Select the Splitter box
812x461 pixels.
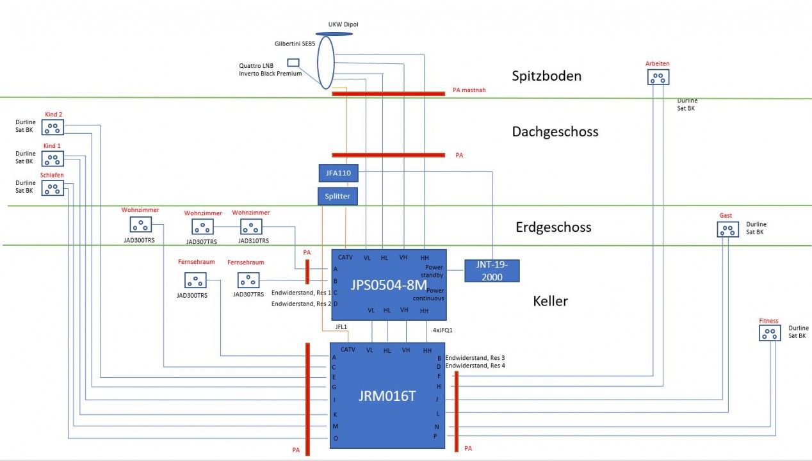pos(337,196)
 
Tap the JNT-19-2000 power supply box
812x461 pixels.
pos(492,271)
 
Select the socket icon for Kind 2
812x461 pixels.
pos(53,127)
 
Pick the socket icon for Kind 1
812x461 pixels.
pos(53,159)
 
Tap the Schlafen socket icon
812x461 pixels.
pos(53,188)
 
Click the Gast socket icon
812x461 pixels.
pos(727,229)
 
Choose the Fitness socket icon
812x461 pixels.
pos(770,334)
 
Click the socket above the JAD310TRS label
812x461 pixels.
pos(251,227)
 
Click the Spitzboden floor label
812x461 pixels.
pos(546,76)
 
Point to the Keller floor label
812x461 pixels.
pos(550,301)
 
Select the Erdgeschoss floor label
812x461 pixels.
pos(553,227)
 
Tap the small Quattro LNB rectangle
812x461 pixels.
pos(293,62)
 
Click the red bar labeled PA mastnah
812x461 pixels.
pos(388,93)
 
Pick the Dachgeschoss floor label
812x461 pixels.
pos(555,132)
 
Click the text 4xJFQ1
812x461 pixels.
pos(444,330)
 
